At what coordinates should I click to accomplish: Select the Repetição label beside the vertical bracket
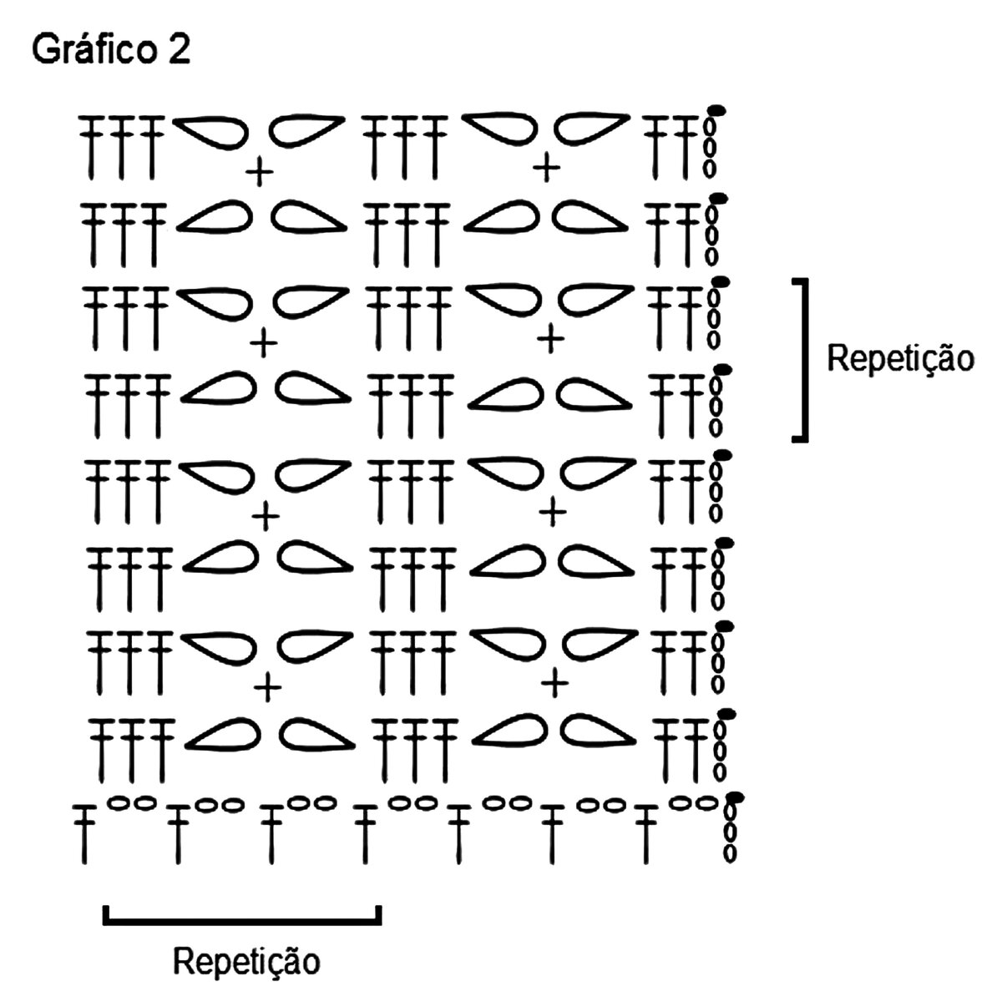click(x=900, y=359)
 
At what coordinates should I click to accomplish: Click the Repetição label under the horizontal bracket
click(x=246, y=961)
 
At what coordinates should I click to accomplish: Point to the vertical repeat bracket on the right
click(x=802, y=359)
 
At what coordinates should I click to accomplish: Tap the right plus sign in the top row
click(x=548, y=169)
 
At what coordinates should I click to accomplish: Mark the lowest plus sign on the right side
click(x=554, y=685)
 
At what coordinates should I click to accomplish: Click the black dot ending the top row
click(x=716, y=109)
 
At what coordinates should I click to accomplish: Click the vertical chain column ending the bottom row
click(x=731, y=832)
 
